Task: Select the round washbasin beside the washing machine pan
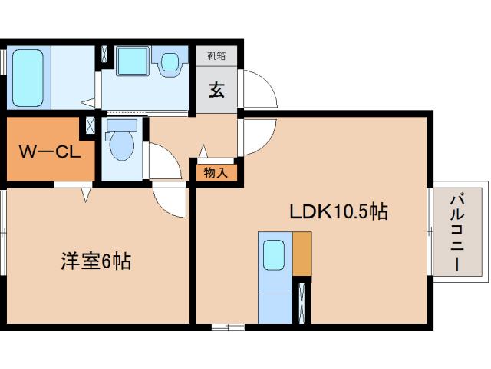tap(170, 61)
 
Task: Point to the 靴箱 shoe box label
tap(216, 55)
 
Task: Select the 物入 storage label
tap(216, 172)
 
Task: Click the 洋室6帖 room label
tap(96, 261)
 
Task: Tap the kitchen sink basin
tap(274, 254)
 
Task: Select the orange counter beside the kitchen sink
tap(302, 253)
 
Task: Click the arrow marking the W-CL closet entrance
tap(86, 194)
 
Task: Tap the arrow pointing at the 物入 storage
tap(203, 151)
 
